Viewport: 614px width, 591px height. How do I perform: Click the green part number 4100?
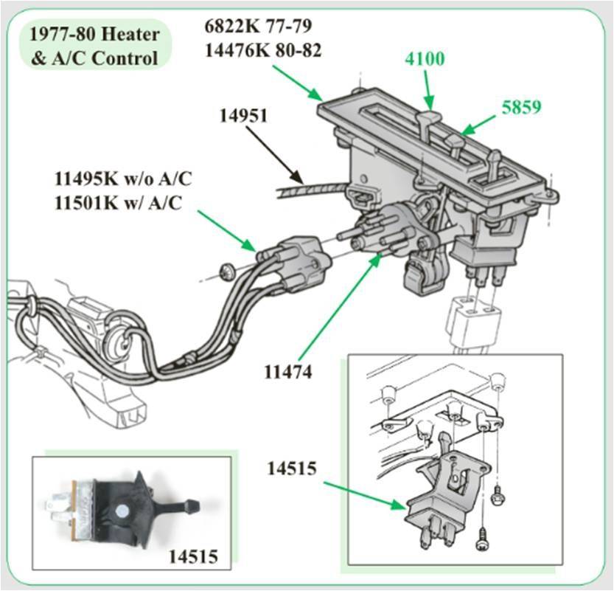(424, 58)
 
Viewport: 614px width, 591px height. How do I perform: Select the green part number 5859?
(521, 106)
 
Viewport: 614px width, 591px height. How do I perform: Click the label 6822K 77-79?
(257, 26)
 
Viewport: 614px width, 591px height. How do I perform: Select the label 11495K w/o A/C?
(117, 179)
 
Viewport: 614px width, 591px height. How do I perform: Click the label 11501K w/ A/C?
(116, 203)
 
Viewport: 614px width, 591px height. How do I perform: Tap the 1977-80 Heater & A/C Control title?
(94, 45)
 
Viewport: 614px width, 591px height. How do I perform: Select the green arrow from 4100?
(427, 91)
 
